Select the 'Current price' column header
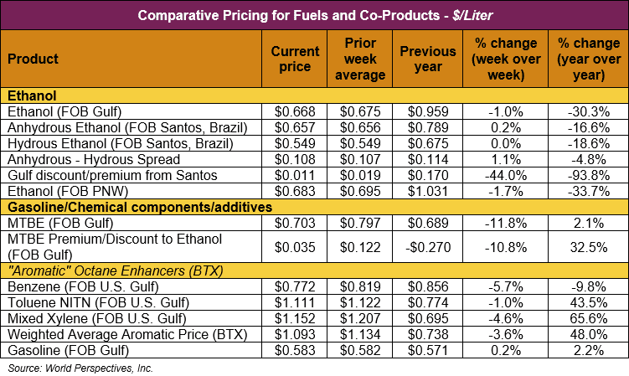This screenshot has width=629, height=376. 295,59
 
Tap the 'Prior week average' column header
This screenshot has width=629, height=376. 364,59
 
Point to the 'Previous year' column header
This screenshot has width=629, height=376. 428,59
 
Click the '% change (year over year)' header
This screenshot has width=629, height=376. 586,59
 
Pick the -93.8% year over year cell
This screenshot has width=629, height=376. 586,174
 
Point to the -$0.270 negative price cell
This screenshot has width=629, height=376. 426,248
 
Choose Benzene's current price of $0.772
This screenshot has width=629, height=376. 295,287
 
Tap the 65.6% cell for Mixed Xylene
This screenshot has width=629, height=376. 586,318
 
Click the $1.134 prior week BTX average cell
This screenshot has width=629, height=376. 364,334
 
